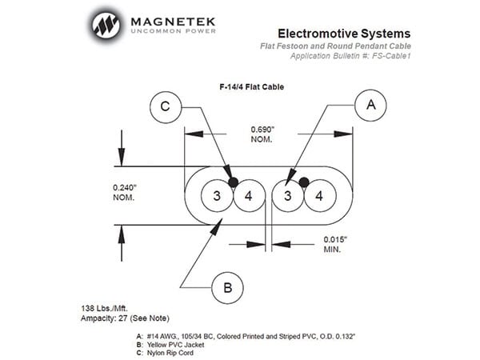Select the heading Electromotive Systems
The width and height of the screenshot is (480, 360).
click(344, 34)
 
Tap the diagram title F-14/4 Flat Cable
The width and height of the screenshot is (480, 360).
click(252, 87)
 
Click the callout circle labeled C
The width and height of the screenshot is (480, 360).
click(166, 107)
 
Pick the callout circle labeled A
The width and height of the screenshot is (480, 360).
click(370, 106)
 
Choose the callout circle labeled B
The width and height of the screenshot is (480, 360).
click(227, 288)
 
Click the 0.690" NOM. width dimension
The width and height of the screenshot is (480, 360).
click(262, 134)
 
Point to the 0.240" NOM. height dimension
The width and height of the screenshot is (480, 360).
click(125, 192)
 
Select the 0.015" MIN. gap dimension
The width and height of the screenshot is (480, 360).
click(335, 244)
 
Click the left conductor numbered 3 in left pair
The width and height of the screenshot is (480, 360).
click(217, 196)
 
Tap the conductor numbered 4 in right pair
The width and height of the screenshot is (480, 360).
click(320, 196)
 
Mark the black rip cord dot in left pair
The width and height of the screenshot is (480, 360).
click(234, 182)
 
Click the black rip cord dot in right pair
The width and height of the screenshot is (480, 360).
click(304, 182)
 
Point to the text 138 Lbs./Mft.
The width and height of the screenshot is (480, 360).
click(104, 308)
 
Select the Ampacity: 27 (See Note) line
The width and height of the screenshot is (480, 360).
click(125, 318)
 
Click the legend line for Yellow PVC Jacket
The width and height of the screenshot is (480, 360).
click(170, 345)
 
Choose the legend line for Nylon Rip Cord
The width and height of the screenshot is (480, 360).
click(165, 353)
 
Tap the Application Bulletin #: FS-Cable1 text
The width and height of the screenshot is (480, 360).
click(350, 56)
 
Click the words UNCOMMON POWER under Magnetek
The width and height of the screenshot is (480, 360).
click(174, 31)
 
